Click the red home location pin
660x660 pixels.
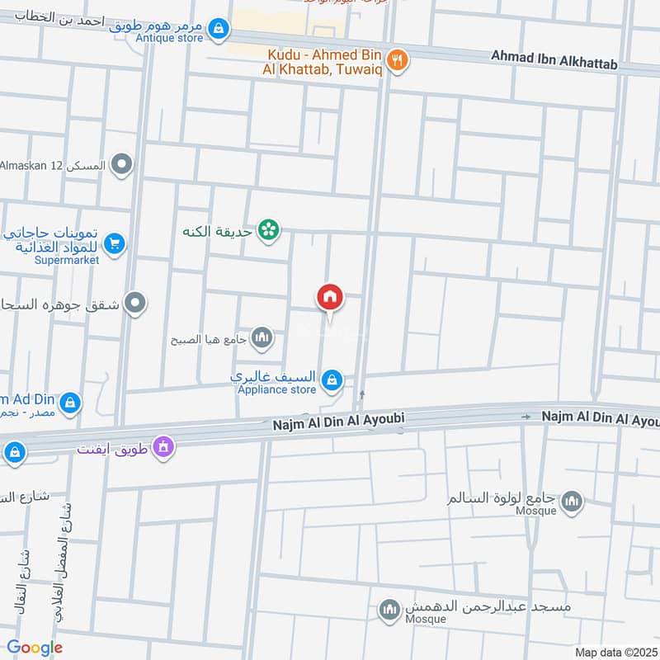click(x=330, y=298)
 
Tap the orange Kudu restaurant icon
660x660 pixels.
click(x=398, y=59)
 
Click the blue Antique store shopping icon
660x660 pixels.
click(x=218, y=29)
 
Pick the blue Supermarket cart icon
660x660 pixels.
click(x=114, y=243)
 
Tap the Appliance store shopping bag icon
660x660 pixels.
click(x=332, y=379)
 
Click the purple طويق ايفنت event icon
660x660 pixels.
click(x=163, y=446)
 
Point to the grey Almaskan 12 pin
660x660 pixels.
click(x=123, y=165)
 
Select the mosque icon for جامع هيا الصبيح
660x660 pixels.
click(x=262, y=337)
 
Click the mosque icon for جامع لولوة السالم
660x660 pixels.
click(x=571, y=500)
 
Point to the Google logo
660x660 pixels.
click(x=35, y=648)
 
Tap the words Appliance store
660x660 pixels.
click(x=276, y=389)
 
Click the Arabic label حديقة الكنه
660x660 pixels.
click(x=219, y=232)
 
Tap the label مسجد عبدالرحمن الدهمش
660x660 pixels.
click(x=487, y=608)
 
